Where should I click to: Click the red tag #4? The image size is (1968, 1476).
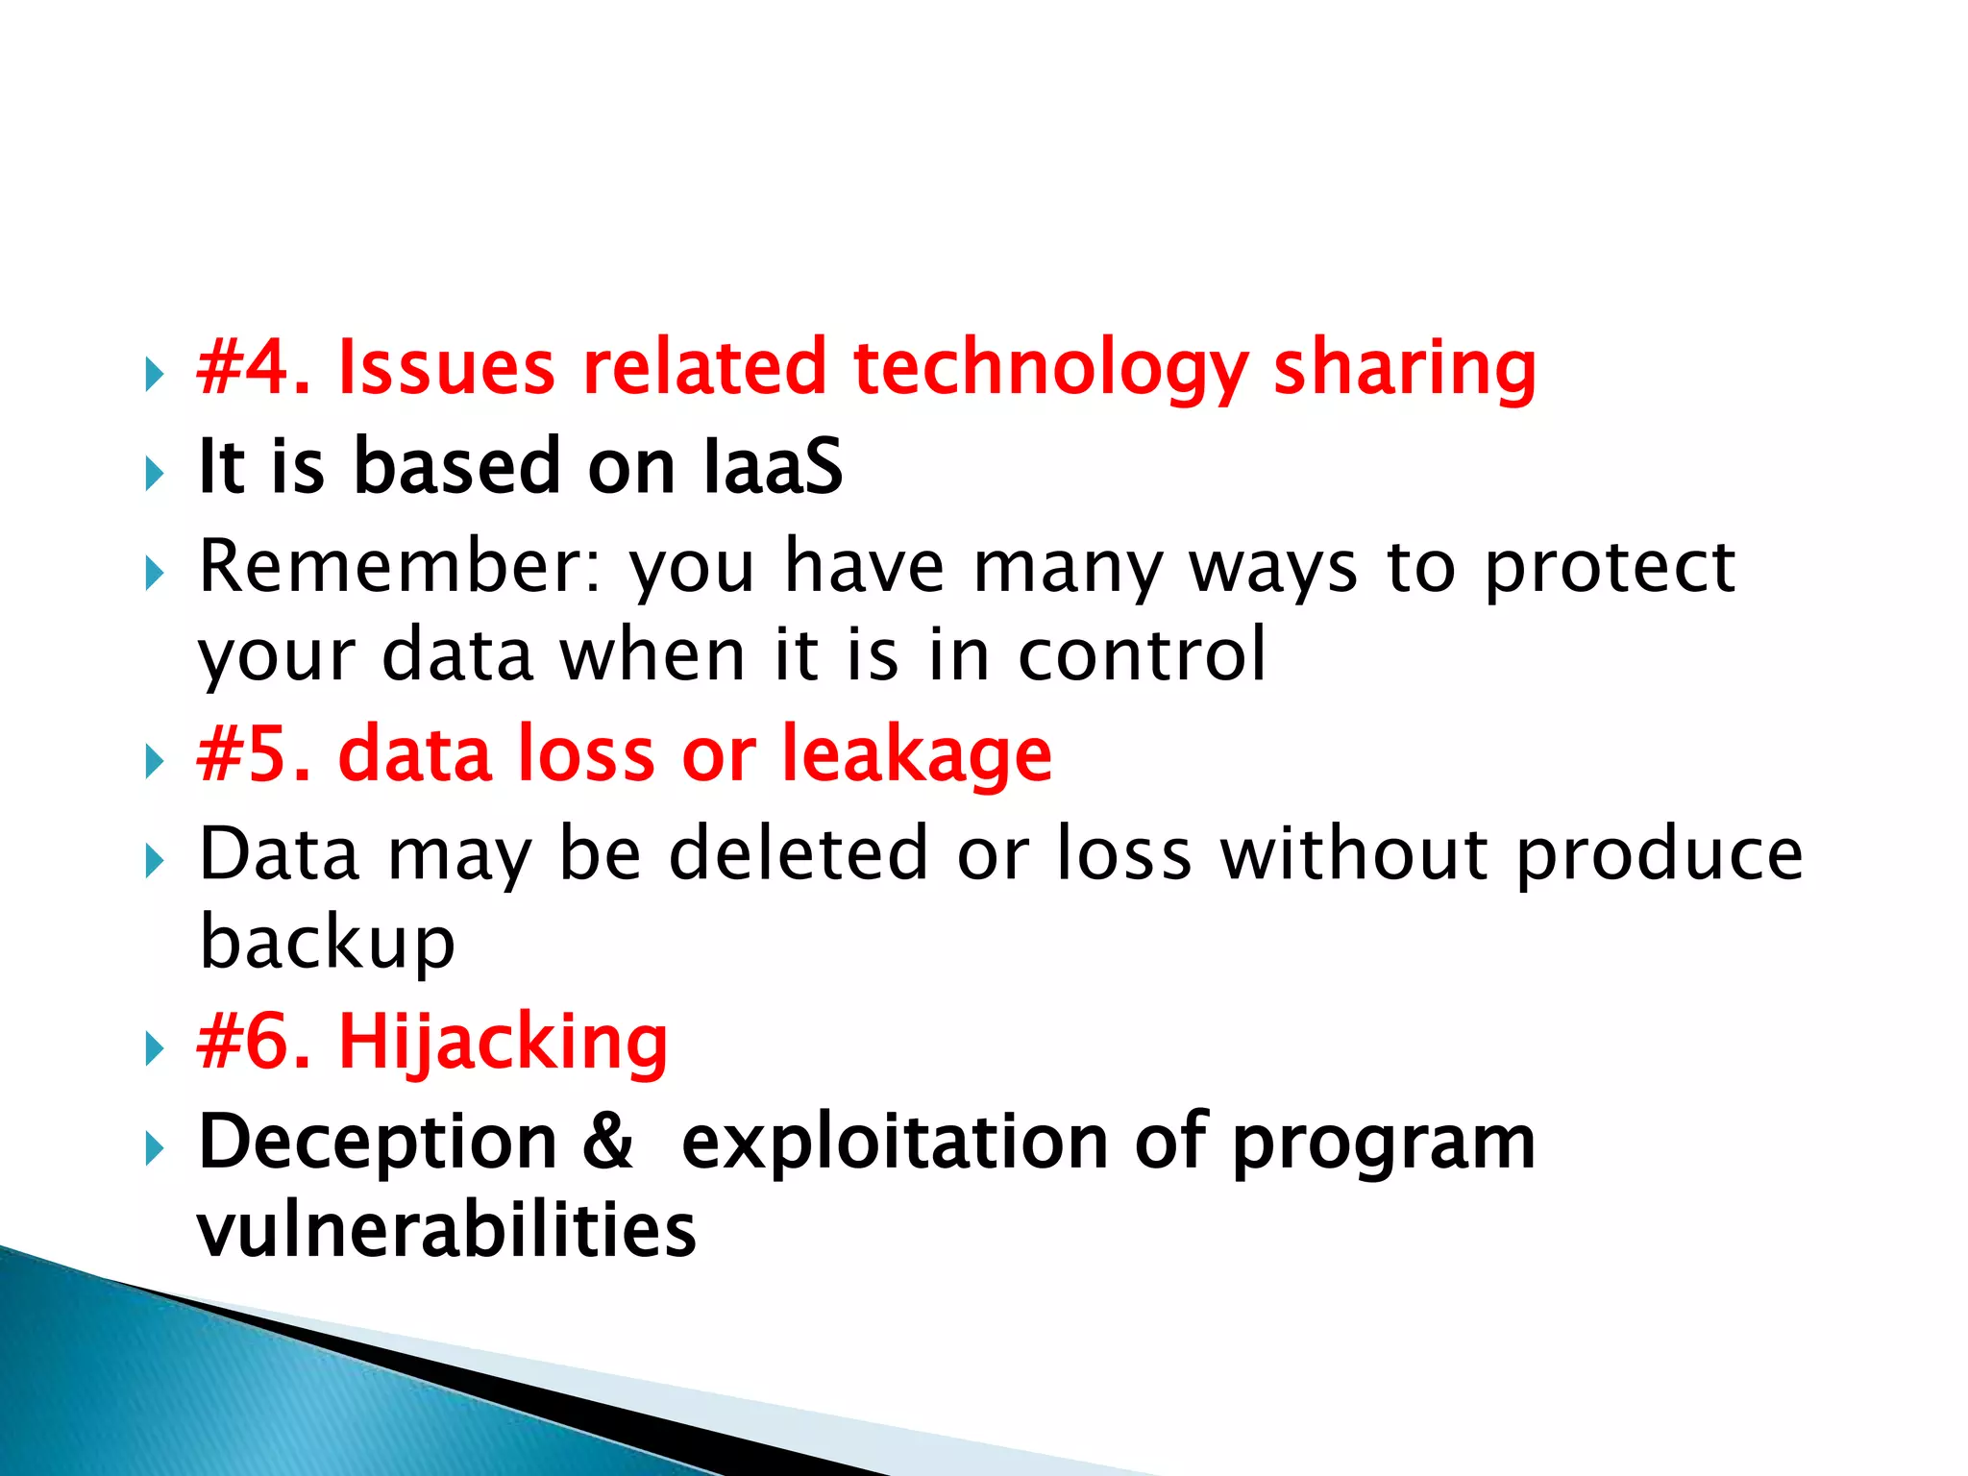click(252, 367)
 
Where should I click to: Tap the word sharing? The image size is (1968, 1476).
click(1404, 369)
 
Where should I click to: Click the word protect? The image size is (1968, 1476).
click(1610, 567)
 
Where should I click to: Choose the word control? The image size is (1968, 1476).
click(1142, 654)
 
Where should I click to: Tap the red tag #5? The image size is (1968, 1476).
click(253, 754)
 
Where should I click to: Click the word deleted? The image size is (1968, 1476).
click(798, 853)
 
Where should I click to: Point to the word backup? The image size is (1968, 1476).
click(327, 942)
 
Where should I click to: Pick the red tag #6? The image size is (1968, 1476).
click(253, 1042)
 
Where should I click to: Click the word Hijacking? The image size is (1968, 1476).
click(503, 1044)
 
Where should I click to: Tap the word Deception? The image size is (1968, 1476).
click(378, 1143)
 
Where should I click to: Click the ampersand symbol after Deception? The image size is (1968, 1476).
click(608, 1143)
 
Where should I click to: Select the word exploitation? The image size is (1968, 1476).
click(894, 1143)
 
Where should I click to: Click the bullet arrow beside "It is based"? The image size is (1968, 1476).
click(154, 474)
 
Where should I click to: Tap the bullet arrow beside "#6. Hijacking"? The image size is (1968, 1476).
click(154, 1048)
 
